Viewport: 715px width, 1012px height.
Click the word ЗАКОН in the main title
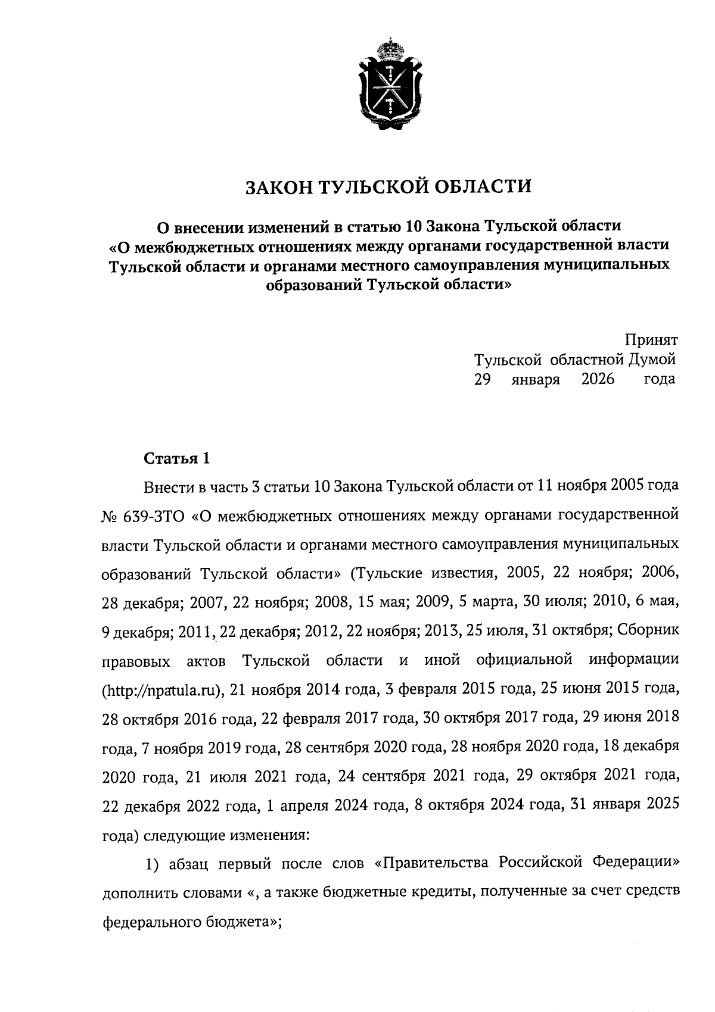pyautogui.click(x=278, y=187)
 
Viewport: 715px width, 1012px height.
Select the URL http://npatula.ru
pyautogui.click(x=160, y=691)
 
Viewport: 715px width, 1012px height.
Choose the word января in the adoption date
pyautogui.click(x=535, y=379)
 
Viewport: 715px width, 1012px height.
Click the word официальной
pyautogui.click(x=525, y=661)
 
